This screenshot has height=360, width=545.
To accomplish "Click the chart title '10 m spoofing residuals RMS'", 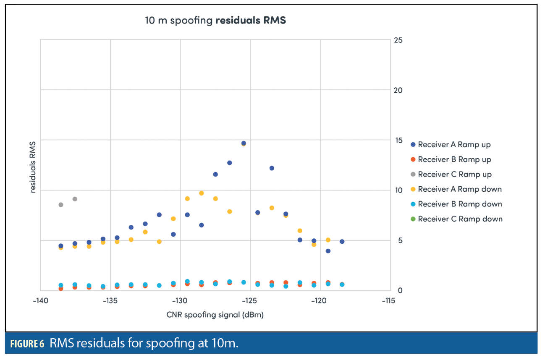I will (x=215, y=21).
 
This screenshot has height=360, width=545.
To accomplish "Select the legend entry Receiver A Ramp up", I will (x=454, y=144).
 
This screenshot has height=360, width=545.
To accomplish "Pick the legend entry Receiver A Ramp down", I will (x=459, y=189).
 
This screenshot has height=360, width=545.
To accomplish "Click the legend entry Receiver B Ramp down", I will (x=460, y=204).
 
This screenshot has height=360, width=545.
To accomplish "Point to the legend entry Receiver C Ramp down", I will (x=460, y=219).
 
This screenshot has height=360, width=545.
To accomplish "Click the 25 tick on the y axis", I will (x=398, y=40).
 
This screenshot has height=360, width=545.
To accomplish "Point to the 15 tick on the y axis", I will (x=398, y=140).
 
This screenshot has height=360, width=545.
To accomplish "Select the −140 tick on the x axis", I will (x=40, y=300).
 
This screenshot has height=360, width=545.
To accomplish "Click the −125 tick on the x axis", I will (x=250, y=300).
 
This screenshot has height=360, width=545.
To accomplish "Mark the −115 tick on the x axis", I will (x=390, y=300).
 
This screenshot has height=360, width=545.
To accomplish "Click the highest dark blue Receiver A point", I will (x=244, y=143).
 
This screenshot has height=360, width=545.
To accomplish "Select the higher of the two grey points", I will (x=75, y=199).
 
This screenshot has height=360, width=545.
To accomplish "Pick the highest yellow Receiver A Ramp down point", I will (x=202, y=193).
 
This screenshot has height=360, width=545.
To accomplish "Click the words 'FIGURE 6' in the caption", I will (x=27, y=344).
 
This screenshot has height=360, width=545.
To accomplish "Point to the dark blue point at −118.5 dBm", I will (x=342, y=241).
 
